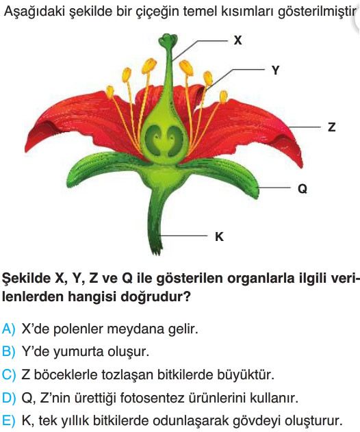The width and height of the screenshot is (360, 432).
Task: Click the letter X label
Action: coord(237,40)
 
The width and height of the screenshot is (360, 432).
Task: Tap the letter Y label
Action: coord(275,71)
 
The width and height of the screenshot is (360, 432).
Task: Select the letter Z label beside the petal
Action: coord(332,127)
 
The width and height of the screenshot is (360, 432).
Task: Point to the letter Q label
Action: coord(303,189)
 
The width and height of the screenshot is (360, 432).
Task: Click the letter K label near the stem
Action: coord(219,236)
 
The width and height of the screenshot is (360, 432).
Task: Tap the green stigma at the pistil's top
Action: coord(168,40)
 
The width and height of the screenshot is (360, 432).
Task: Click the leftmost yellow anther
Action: coord(110,92)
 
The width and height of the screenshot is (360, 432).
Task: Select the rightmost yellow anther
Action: coord(223,97)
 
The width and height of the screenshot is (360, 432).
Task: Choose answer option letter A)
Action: coord(8,329)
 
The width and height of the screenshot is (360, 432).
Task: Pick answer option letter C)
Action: coord(8,374)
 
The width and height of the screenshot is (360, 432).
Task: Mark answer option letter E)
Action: coord(8,421)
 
